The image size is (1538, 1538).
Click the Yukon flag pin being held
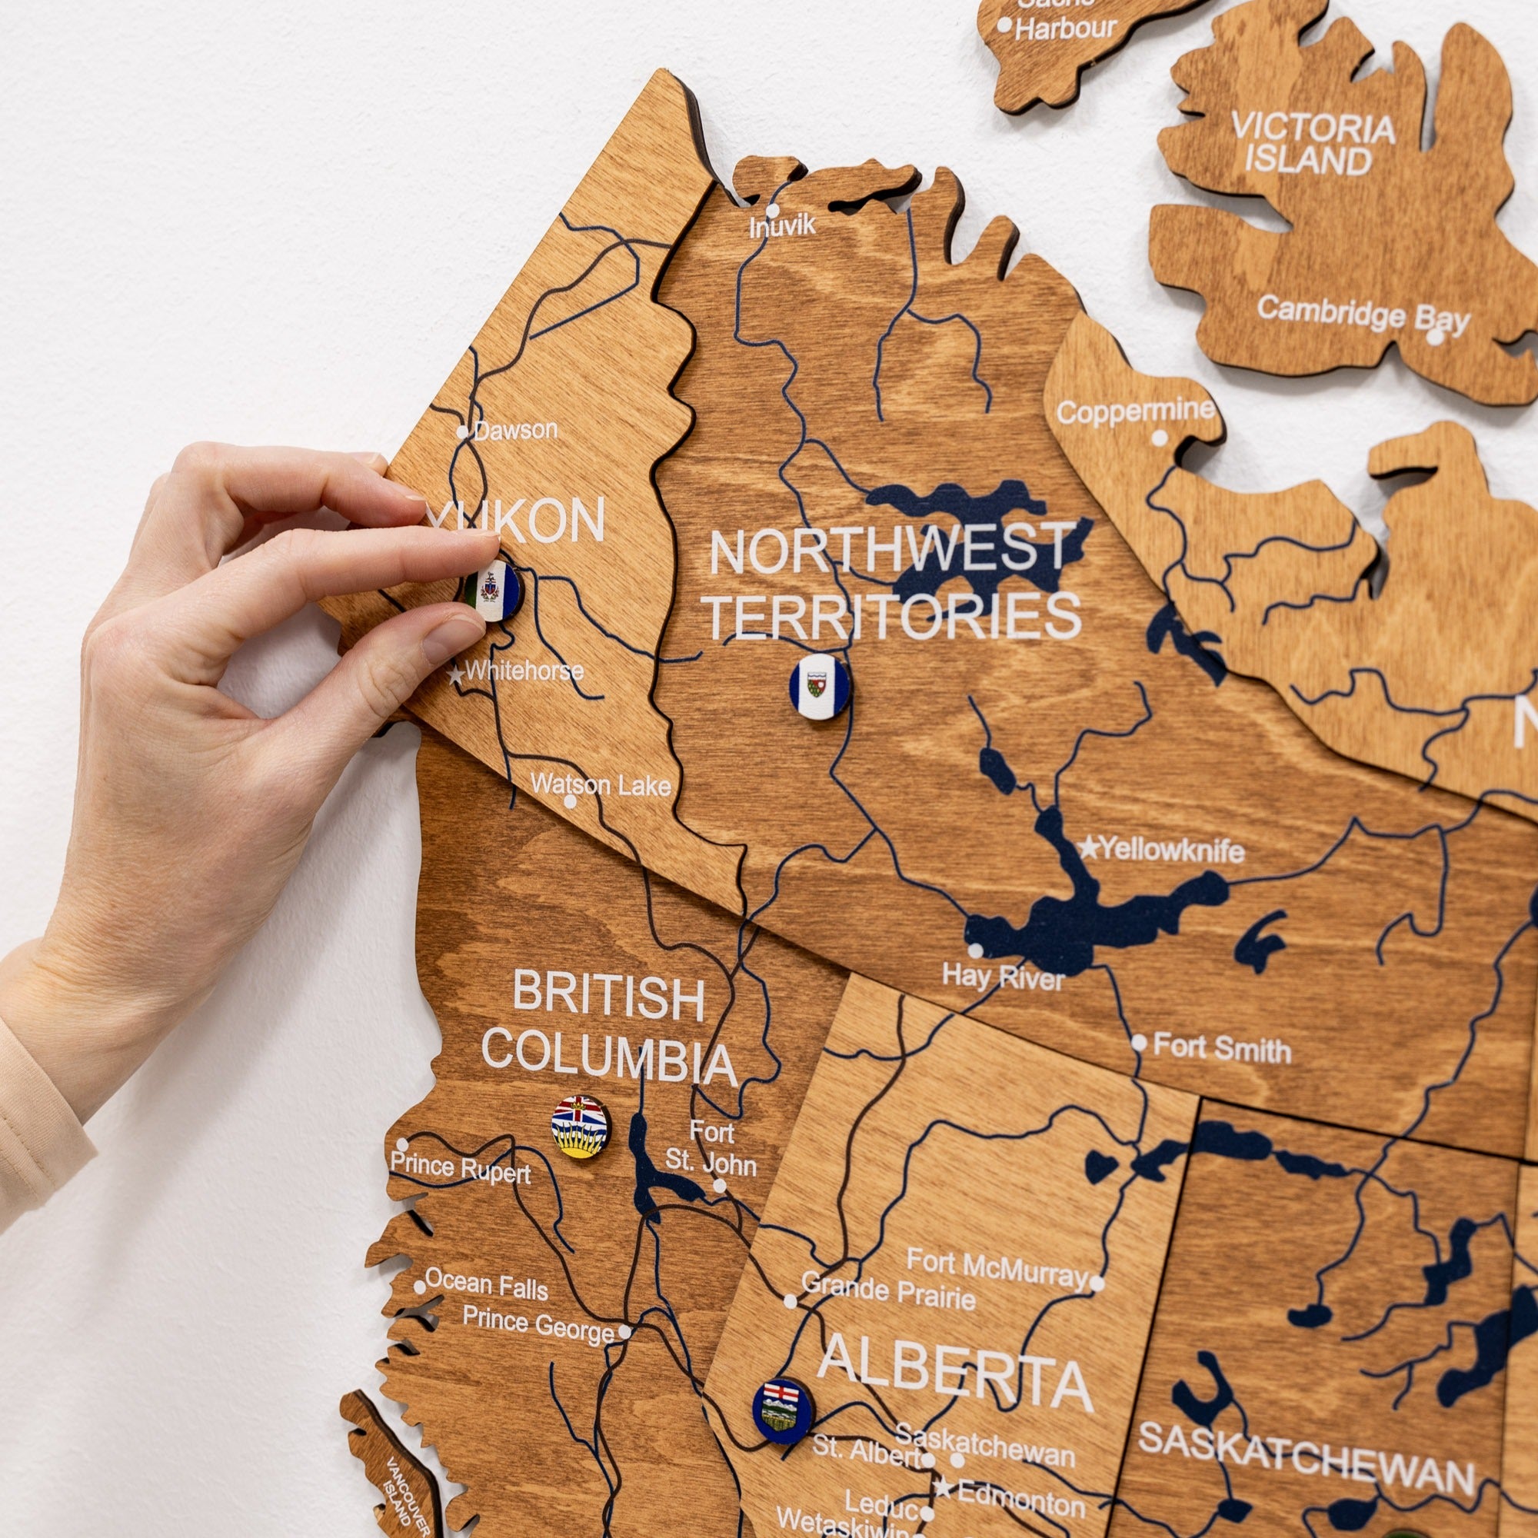[x=494, y=591]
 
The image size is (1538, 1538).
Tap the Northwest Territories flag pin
[x=819, y=686]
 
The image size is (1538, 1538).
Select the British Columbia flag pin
[x=581, y=1127]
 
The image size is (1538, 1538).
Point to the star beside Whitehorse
[x=455, y=676]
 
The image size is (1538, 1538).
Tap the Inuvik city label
[x=783, y=226]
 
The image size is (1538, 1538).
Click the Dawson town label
[x=516, y=431]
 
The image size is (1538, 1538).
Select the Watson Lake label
[x=601, y=785]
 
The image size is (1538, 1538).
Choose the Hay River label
[x=1003, y=976]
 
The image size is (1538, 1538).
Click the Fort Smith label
[x=1221, y=1048]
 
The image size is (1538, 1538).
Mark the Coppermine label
[x=1135, y=411]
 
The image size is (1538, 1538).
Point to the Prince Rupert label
[x=460, y=1170]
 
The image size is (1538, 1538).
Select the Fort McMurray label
[x=996, y=1268]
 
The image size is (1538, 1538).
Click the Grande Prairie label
[x=888, y=1290]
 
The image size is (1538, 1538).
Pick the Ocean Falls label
[x=487, y=1284]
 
